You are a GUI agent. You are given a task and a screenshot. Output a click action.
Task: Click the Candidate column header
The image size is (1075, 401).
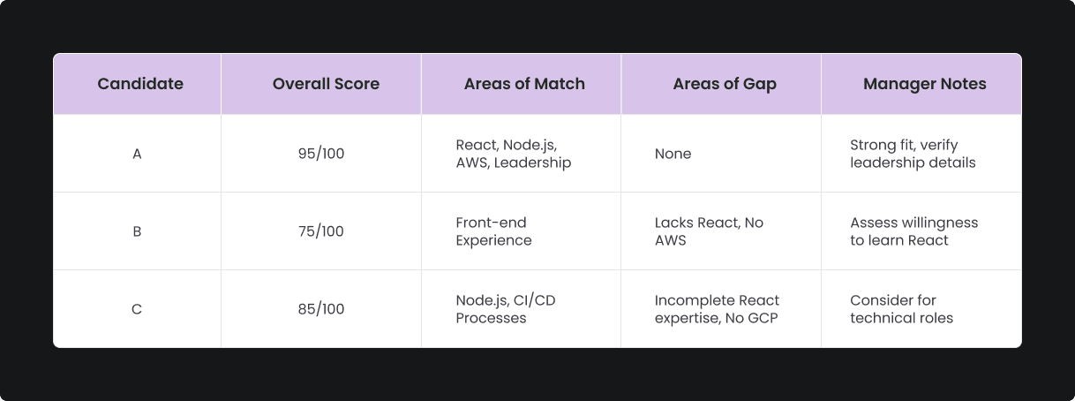point(140,84)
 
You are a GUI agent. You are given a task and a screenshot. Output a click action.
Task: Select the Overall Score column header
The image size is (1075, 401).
point(326,84)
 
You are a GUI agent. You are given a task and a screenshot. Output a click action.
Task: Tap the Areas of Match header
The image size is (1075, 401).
point(524,84)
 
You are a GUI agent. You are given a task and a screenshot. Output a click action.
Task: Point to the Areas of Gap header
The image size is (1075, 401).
point(725,84)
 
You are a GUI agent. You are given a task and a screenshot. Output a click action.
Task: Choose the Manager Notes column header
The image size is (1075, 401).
point(924,84)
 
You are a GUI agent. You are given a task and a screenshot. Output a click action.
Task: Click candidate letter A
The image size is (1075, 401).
point(137,155)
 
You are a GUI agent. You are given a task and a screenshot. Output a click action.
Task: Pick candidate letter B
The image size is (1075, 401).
point(137,231)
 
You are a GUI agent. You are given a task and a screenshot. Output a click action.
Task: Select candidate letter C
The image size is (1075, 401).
point(137,309)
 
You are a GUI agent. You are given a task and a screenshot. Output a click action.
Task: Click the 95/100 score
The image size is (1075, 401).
point(321,154)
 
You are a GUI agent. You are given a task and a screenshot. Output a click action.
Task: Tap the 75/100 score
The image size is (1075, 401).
point(321,231)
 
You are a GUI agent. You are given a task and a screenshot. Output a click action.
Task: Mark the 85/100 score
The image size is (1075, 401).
point(321,309)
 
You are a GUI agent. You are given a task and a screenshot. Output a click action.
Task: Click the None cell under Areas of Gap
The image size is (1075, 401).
point(673,154)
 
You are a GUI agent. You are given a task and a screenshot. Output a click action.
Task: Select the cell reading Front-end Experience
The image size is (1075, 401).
point(494,231)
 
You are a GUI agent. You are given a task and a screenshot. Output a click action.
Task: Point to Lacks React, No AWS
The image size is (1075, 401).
point(709,231)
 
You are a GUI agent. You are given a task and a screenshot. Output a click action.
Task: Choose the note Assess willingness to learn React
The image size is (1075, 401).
point(913,231)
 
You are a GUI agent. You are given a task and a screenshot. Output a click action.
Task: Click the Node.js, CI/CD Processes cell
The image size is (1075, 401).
point(506,309)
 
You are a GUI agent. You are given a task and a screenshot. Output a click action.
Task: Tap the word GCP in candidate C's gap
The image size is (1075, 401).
point(763,318)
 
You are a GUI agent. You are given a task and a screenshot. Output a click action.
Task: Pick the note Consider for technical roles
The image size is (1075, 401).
point(901,309)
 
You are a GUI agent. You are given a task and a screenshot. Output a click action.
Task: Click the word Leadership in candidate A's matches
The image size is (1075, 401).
point(532,163)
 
